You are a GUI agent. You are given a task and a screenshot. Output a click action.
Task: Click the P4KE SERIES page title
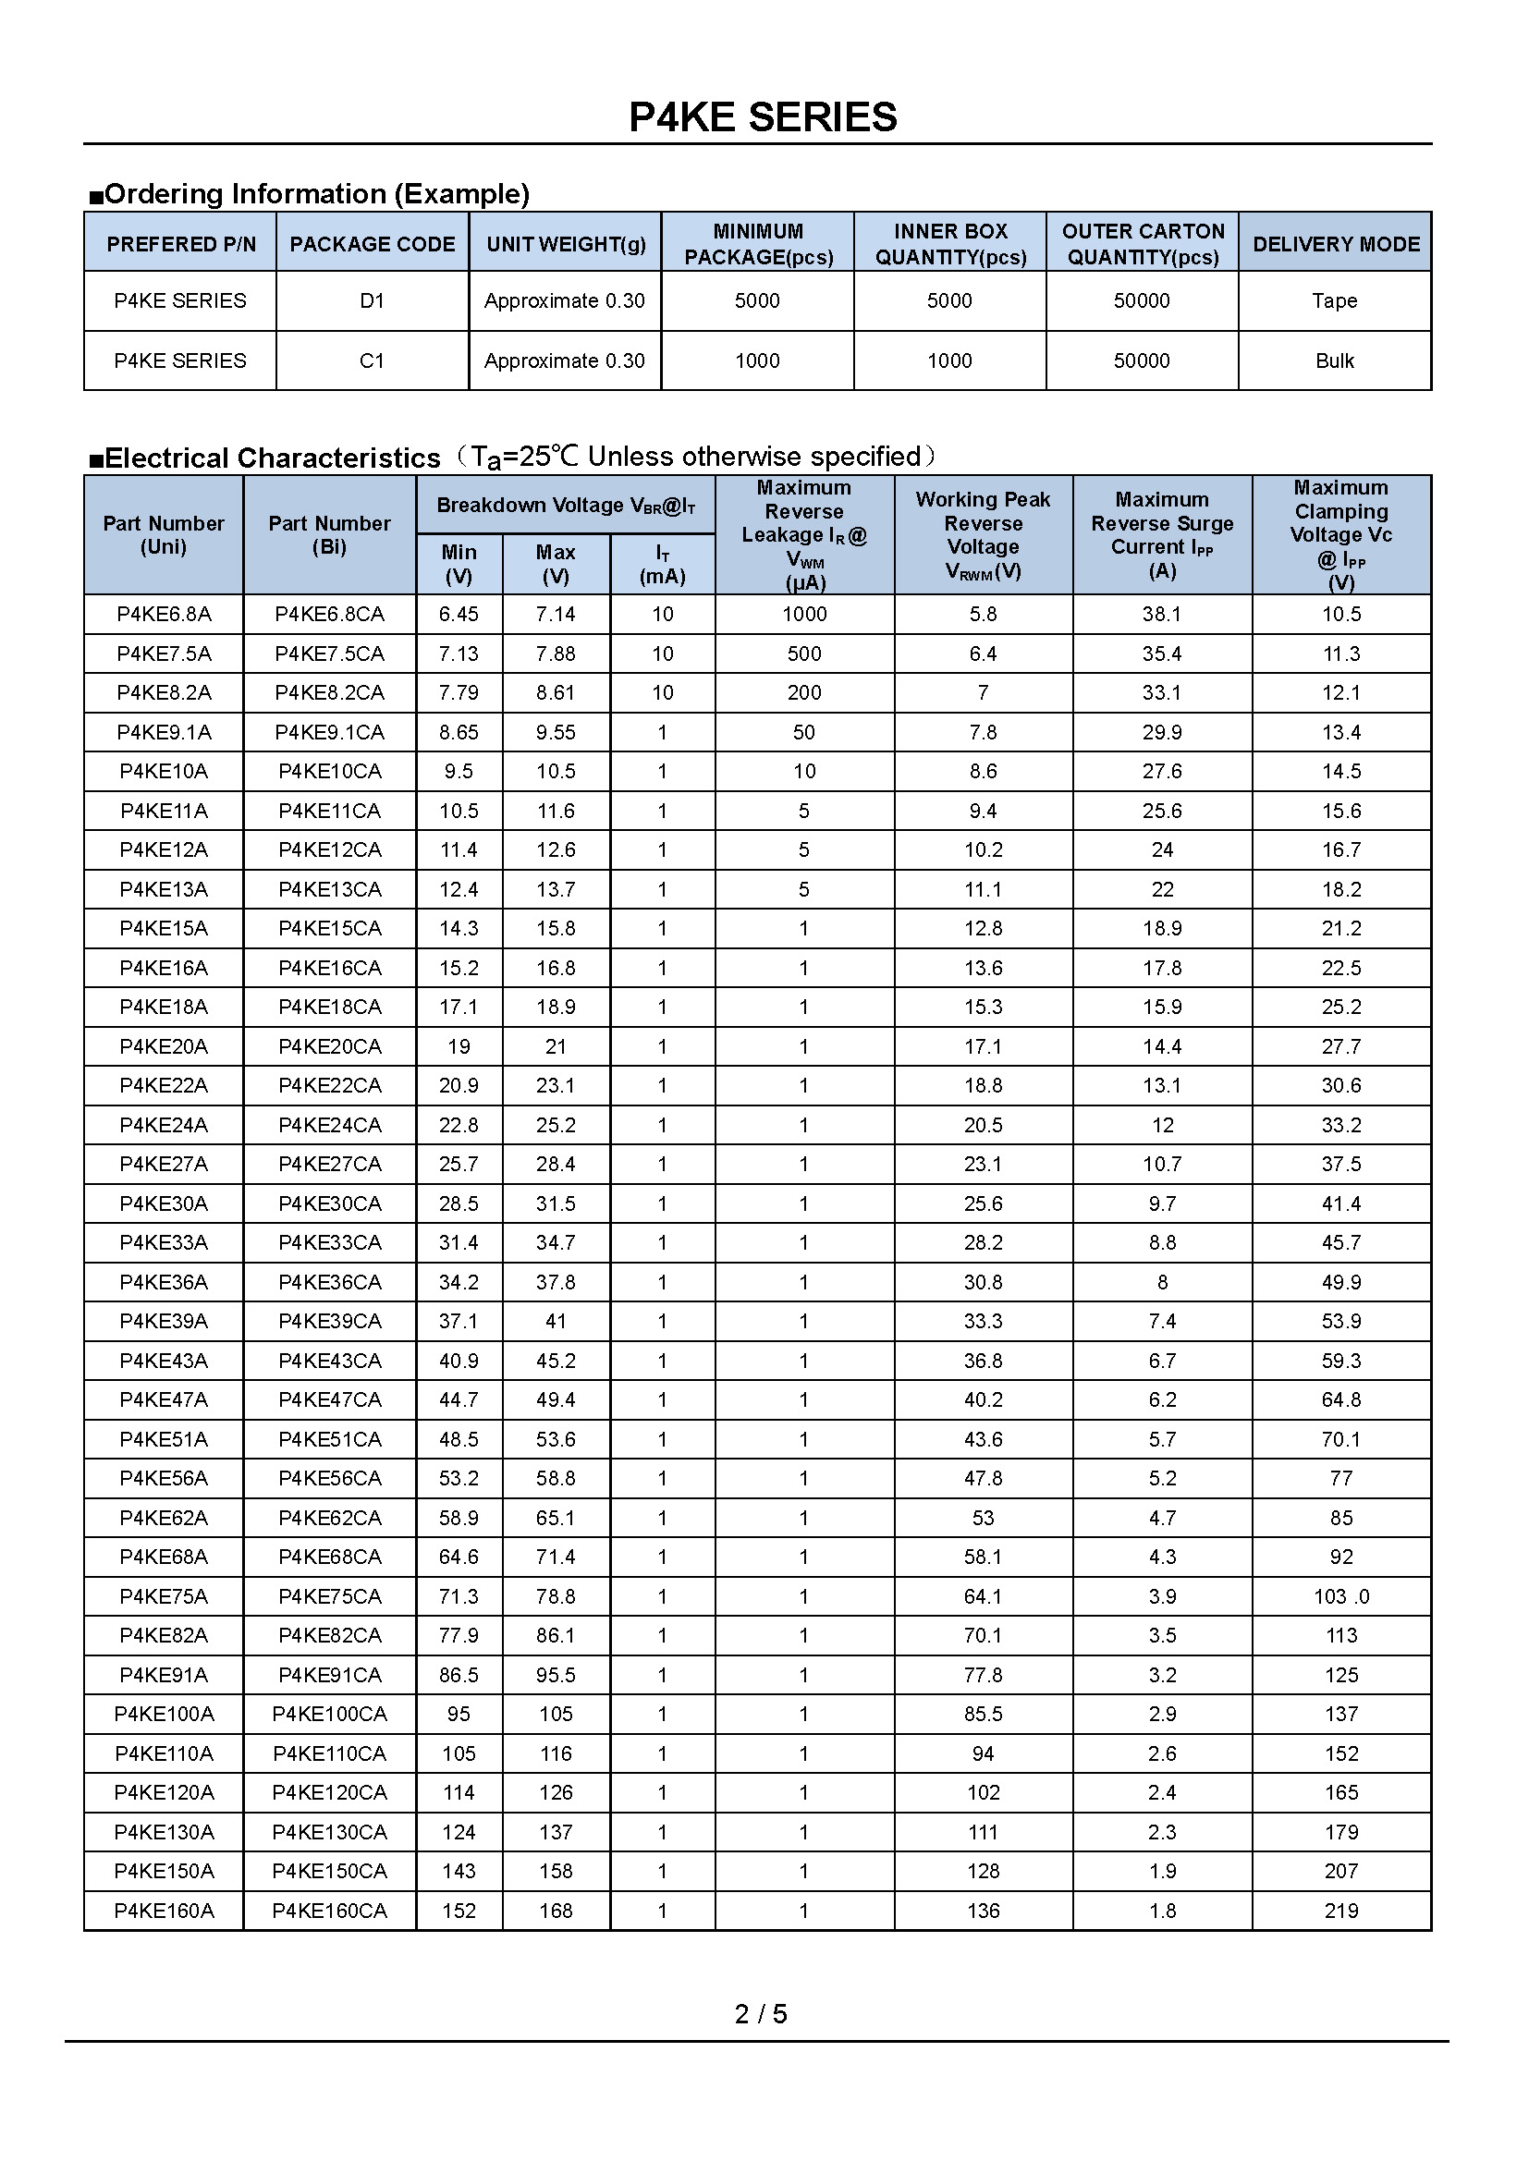(x=763, y=117)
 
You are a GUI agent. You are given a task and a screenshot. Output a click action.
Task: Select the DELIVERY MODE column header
(x=1335, y=244)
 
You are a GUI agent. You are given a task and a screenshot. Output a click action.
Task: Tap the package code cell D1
(x=372, y=301)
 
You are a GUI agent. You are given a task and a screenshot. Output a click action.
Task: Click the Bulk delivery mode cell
(x=1334, y=360)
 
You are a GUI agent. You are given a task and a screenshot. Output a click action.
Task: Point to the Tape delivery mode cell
(x=1334, y=301)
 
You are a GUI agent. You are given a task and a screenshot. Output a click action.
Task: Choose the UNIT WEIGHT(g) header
(x=566, y=244)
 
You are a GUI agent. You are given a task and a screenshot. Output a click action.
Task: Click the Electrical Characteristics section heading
(x=272, y=458)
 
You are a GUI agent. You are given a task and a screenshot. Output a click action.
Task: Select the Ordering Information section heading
(x=316, y=194)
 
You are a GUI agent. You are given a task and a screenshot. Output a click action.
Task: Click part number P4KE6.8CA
(x=329, y=615)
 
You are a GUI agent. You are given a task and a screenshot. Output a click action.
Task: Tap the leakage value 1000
(x=804, y=615)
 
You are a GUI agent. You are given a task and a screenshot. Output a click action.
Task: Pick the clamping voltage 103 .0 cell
(x=1340, y=1597)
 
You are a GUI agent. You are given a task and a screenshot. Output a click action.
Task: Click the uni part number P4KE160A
(x=164, y=1911)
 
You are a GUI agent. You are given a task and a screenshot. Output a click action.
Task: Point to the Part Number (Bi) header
(x=329, y=535)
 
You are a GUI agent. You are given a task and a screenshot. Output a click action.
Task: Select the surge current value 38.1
(x=1162, y=615)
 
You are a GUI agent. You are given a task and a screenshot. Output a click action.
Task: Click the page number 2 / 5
(x=761, y=2014)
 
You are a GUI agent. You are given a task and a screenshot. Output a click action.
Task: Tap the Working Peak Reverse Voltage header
(x=983, y=535)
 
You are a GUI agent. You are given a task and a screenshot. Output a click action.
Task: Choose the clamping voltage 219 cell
(x=1340, y=1911)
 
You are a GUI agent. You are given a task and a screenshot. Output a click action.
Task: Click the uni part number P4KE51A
(x=164, y=1440)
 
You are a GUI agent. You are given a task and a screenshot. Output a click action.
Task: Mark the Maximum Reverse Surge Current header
(x=1162, y=535)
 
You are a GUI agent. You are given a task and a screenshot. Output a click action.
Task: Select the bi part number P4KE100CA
(x=329, y=1715)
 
